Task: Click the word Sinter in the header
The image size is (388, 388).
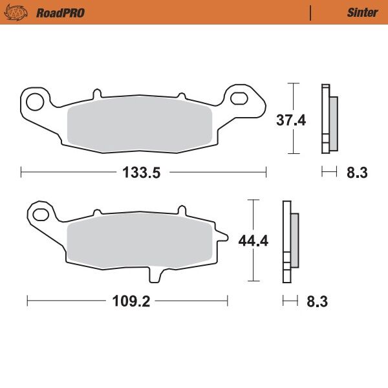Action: (362, 12)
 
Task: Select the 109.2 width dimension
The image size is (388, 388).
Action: (126, 301)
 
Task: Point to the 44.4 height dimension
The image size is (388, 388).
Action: (253, 241)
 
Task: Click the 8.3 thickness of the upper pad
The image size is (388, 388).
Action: (357, 172)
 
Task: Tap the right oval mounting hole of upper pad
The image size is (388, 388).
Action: (240, 98)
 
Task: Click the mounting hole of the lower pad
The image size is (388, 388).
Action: (41, 214)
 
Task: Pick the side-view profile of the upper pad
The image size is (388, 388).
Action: (328, 120)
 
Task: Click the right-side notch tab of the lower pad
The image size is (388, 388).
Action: (222, 238)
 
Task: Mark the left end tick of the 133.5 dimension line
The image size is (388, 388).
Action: (21, 172)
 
